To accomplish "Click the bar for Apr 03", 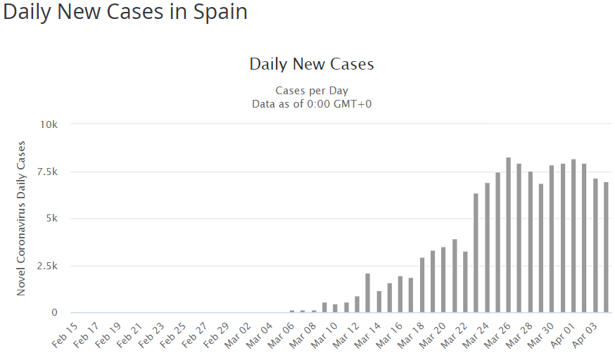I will point(595,247).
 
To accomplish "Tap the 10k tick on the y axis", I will point(49,124).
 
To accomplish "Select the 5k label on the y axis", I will point(51,219).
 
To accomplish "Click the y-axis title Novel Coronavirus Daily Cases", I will point(21,218).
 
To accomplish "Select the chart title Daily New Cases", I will point(311,64).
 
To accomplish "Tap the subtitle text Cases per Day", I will point(311,91).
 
